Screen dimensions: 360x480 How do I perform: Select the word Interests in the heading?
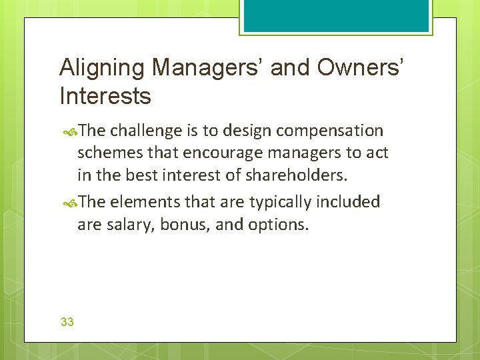(x=105, y=96)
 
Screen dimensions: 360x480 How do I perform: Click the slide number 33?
(x=67, y=322)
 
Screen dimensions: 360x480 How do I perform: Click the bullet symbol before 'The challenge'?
(x=71, y=131)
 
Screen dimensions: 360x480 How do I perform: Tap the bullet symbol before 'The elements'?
(x=71, y=202)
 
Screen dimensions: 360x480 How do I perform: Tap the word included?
(x=349, y=201)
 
